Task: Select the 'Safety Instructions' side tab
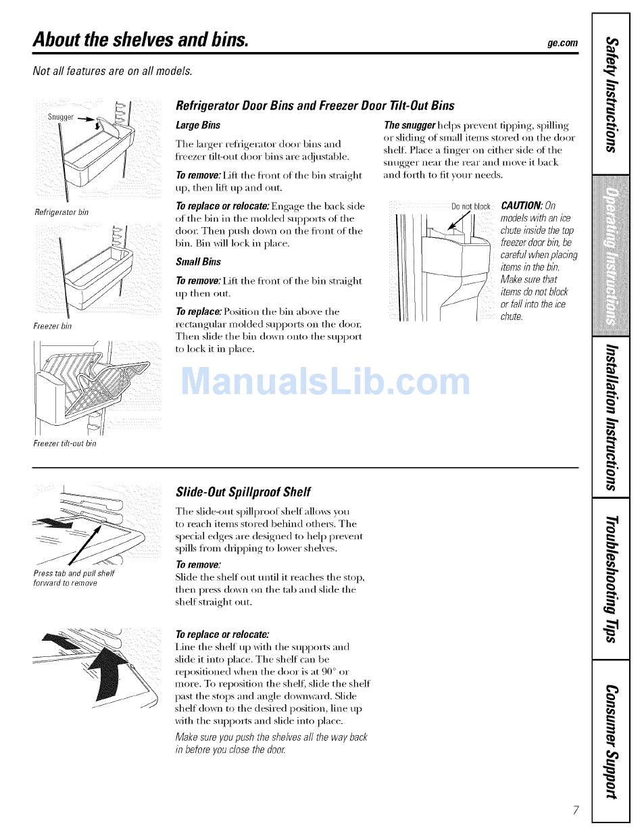coord(611,95)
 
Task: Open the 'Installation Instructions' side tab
coord(611,416)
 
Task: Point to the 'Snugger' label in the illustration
coord(59,116)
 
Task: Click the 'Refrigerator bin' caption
coord(61,212)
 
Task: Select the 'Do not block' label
coord(470,206)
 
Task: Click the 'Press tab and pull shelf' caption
coord(74,574)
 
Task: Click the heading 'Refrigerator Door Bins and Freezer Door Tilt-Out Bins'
coord(314,105)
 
